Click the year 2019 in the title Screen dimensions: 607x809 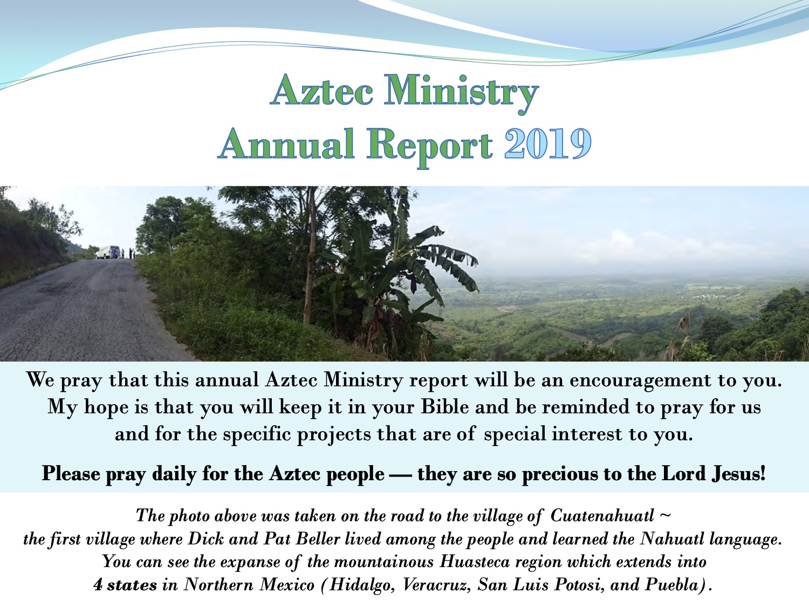pos(547,144)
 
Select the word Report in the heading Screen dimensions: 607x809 pos(430,145)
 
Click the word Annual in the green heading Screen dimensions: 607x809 pos(287,144)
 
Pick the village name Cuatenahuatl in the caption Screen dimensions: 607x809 pos(602,516)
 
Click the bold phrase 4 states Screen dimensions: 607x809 pos(125,585)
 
